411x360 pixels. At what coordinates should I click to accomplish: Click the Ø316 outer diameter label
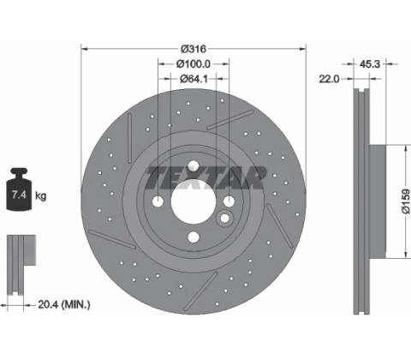[194, 49]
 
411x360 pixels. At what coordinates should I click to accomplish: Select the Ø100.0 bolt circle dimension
[194, 64]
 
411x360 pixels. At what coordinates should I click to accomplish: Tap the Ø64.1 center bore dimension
[194, 79]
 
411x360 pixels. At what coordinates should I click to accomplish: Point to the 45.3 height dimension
[370, 64]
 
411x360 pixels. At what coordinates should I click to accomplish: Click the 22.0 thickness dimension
[329, 79]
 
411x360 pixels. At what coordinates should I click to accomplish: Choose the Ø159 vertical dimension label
[406, 201]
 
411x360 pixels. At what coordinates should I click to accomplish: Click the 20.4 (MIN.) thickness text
[64, 304]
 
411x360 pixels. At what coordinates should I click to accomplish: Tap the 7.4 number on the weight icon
[19, 195]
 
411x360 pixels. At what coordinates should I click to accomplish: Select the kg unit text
[40, 196]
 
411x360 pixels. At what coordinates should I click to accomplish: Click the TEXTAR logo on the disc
[205, 177]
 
